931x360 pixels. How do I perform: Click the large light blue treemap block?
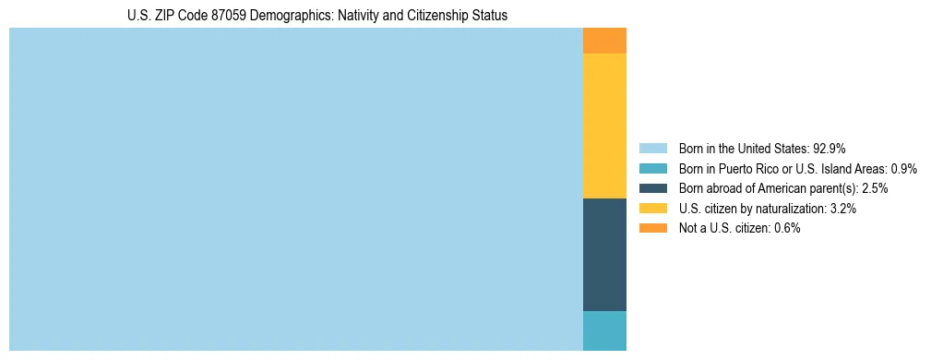295,189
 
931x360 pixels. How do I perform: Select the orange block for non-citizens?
604,41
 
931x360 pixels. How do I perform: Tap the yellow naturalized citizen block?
604,126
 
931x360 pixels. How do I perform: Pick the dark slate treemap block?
604,255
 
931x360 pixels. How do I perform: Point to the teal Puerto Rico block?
604,330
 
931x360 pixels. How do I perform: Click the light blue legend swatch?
653,148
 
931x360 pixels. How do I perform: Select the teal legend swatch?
653,168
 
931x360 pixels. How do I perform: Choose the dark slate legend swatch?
653,188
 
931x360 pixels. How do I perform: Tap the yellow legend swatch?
653,209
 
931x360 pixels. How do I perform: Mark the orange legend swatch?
653,229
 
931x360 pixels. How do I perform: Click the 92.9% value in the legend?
830,148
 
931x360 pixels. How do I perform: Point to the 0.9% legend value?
903,168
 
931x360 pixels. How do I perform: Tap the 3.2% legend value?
843,209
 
